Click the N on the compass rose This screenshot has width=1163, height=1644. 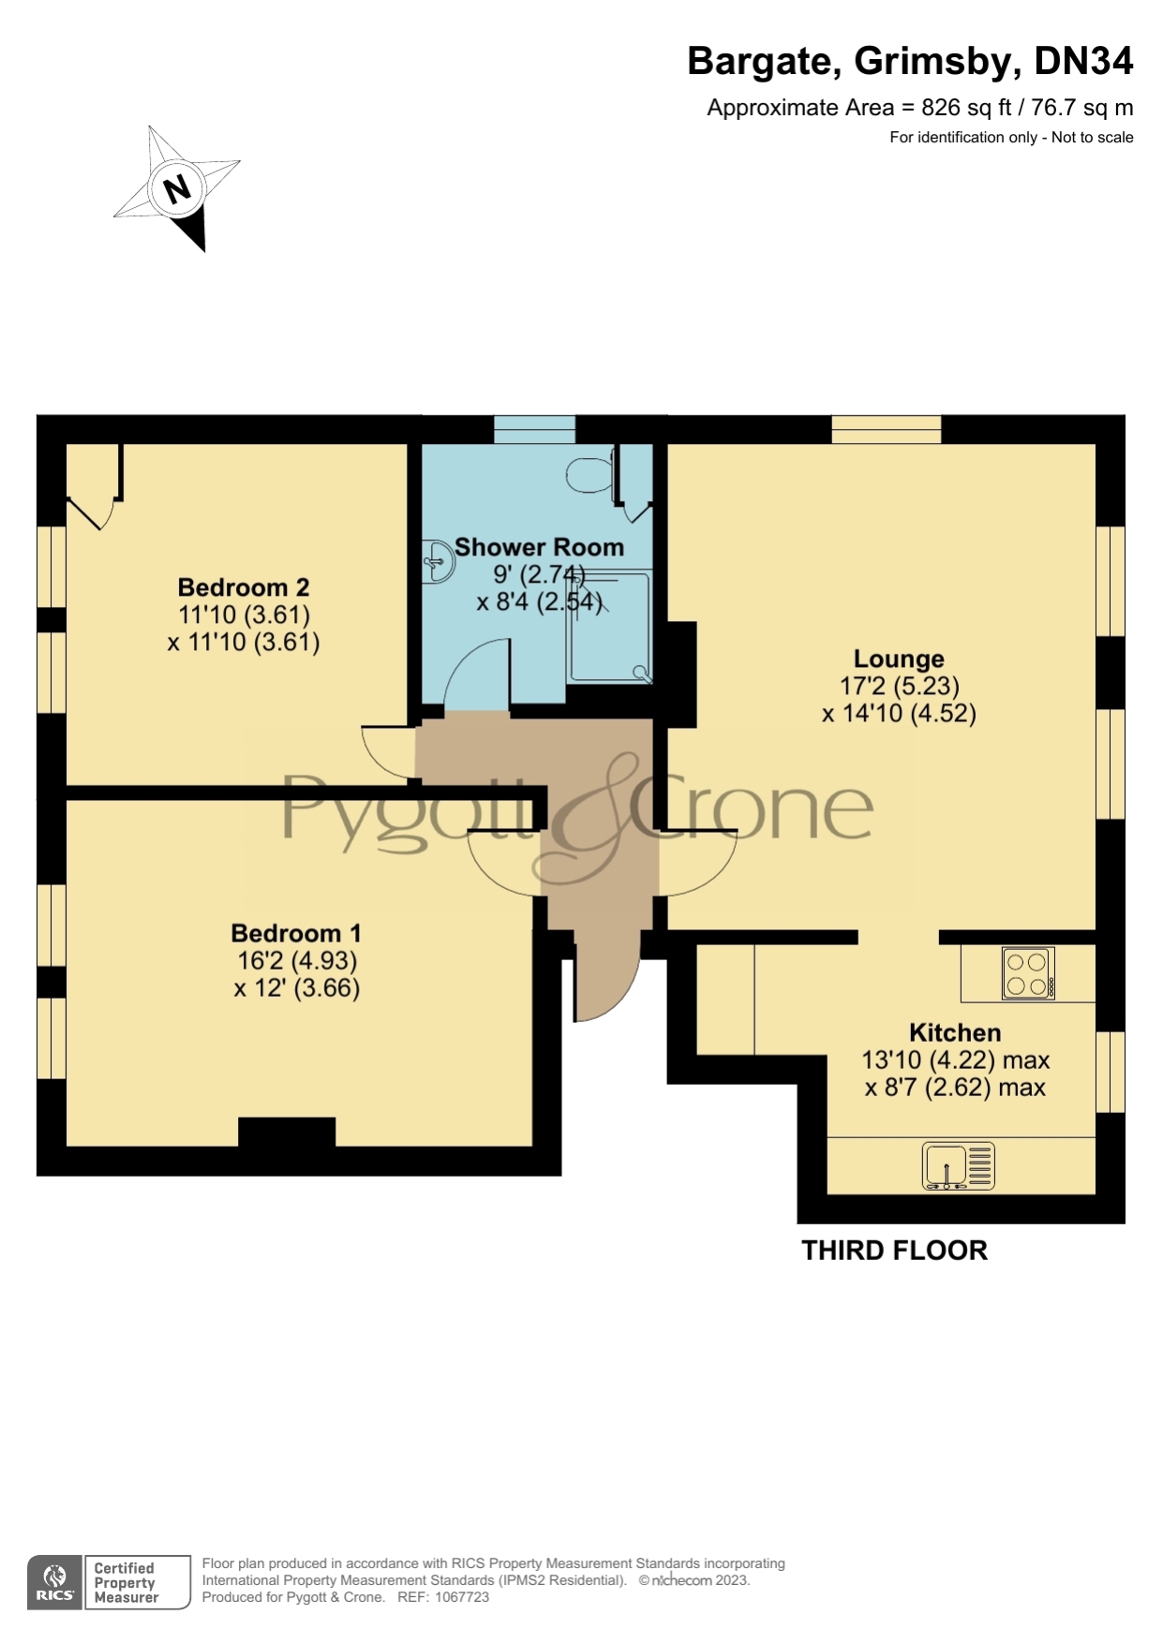176,189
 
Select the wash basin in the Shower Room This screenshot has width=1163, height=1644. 438,561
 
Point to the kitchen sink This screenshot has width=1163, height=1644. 959,1166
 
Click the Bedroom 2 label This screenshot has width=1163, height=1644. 244,587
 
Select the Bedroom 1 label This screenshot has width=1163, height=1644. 296,933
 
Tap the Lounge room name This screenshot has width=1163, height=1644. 899,659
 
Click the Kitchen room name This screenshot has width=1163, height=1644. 955,1032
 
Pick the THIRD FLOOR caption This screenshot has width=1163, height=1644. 894,1251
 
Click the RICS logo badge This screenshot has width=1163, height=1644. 54,1583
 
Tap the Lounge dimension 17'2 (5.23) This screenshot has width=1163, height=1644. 899,686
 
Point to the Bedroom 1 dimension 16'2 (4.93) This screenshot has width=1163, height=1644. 296,960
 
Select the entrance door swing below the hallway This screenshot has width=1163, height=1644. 604,984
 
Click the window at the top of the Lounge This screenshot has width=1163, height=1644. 886,429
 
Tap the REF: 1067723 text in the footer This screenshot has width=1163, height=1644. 443,1597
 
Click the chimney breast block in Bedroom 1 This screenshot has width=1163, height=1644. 287,1131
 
